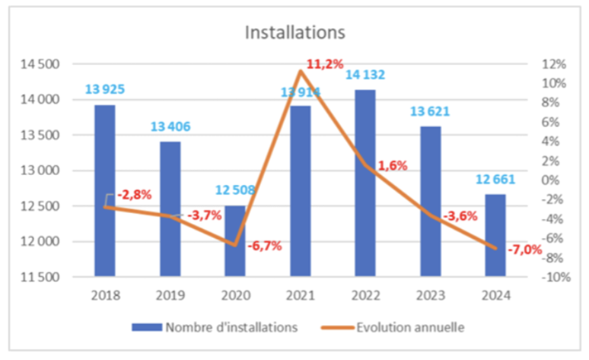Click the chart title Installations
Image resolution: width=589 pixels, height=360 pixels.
coord(295,32)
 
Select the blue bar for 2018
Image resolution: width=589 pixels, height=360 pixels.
coord(105,191)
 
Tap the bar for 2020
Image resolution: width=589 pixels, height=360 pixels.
coord(235,242)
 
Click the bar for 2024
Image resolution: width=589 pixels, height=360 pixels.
coord(495,235)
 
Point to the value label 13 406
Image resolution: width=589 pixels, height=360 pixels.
coord(170,127)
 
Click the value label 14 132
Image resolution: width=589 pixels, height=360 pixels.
coord(364,75)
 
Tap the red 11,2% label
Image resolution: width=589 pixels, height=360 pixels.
coord(325,64)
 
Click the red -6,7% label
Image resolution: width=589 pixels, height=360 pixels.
coord(265,246)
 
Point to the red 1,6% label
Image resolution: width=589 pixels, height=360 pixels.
coord(392,166)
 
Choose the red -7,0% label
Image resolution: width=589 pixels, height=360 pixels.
coord(524,250)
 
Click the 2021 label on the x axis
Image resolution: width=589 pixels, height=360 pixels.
coord(300,295)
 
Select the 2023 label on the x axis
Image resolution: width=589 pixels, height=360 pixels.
coord(430,295)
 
